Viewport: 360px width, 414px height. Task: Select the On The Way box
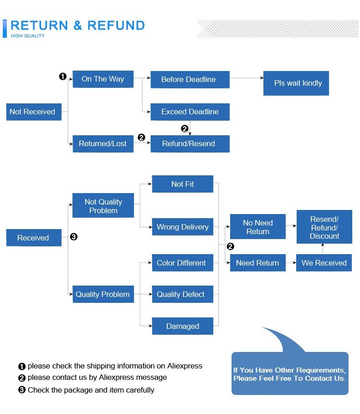click(x=103, y=79)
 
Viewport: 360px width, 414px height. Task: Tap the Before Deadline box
click(x=190, y=79)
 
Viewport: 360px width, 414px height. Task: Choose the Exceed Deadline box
click(x=190, y=112)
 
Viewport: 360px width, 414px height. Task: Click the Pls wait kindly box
click(x=296, y=83)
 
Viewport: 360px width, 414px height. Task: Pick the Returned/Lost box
click(x=103, y=143)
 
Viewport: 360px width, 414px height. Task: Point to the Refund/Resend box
click(x=190, y=143)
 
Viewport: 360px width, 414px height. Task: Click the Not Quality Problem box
click(x=103, y=206)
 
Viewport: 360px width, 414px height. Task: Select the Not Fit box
click(x=182, y=184)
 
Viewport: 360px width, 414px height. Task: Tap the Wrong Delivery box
click(x=182, y=227)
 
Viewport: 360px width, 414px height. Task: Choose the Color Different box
click(x=182, y=263)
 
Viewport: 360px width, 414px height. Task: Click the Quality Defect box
click(x=182, y=294)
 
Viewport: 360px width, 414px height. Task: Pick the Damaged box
click(x=182, y=326)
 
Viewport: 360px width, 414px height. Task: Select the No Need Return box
click(x=257, y=227)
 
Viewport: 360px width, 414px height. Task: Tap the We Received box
click(x=324, y=263)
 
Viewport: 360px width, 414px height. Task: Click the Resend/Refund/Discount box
click(x=324, y=227)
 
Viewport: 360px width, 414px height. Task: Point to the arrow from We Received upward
click(x=323, y=249)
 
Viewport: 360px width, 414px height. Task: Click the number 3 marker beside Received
click(x=74, y=237)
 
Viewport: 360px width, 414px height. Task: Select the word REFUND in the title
click(x=116, y=26)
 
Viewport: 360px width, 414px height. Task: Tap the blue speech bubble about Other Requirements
click(x=289, y=373)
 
